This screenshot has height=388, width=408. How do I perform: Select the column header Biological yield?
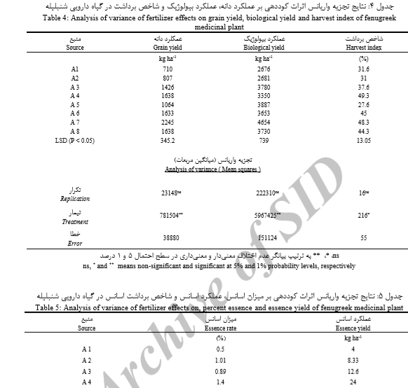(x=266, y=48)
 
